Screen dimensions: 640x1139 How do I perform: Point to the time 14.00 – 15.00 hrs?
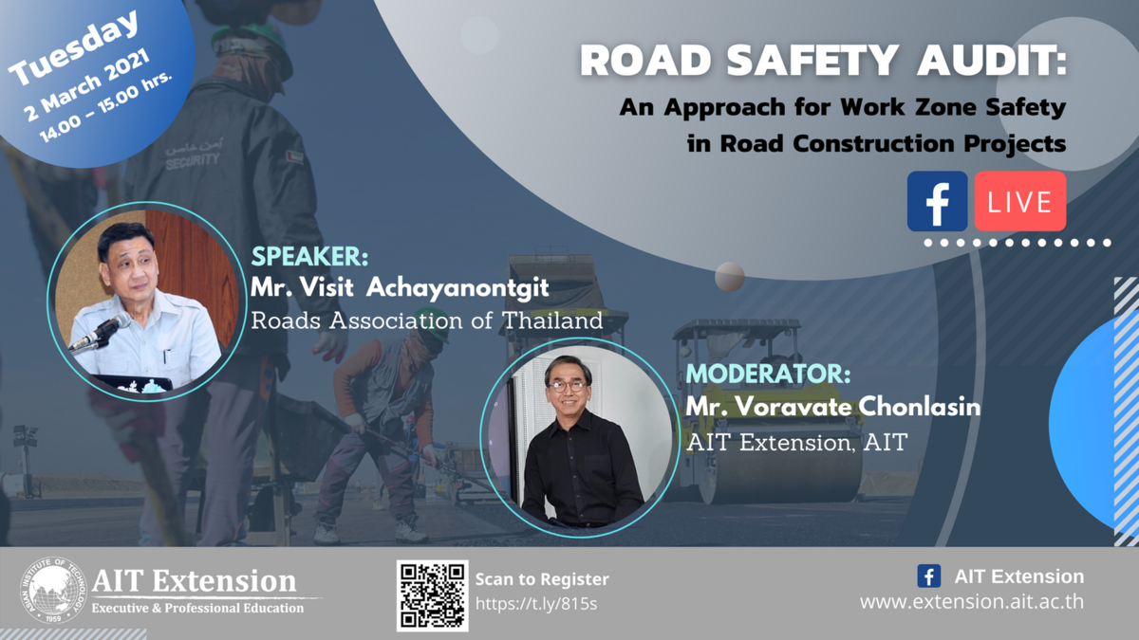(x=105, y=119)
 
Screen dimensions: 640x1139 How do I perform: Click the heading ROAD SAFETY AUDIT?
(x=823, y=61)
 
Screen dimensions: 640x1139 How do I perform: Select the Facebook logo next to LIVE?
(x=937, y=201)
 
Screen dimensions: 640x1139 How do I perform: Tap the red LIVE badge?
(x=1020, y=201)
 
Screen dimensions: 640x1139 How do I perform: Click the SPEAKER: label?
(x=308, y=258)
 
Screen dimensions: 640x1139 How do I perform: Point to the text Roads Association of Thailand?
(x=426, y=320)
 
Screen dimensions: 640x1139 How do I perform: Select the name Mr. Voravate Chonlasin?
(x=832, y=407)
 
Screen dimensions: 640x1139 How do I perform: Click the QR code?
(x=432, y=595)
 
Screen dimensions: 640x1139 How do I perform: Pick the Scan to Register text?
(x=542, y=578)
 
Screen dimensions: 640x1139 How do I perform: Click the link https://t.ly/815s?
(x=536, y=603)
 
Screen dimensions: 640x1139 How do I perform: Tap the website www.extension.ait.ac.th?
(x=971, y=602)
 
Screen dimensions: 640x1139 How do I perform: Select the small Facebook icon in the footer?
(x=929, y=576)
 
